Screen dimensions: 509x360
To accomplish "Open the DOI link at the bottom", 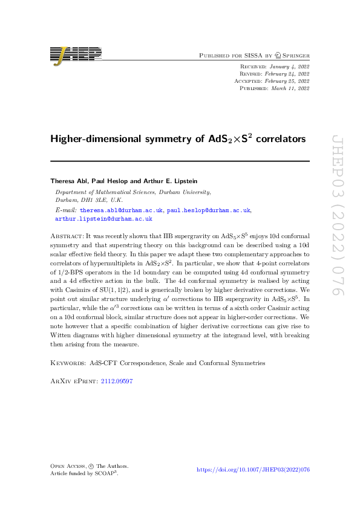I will pos(254,469).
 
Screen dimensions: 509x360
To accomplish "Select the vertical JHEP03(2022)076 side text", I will pos(337,215).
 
